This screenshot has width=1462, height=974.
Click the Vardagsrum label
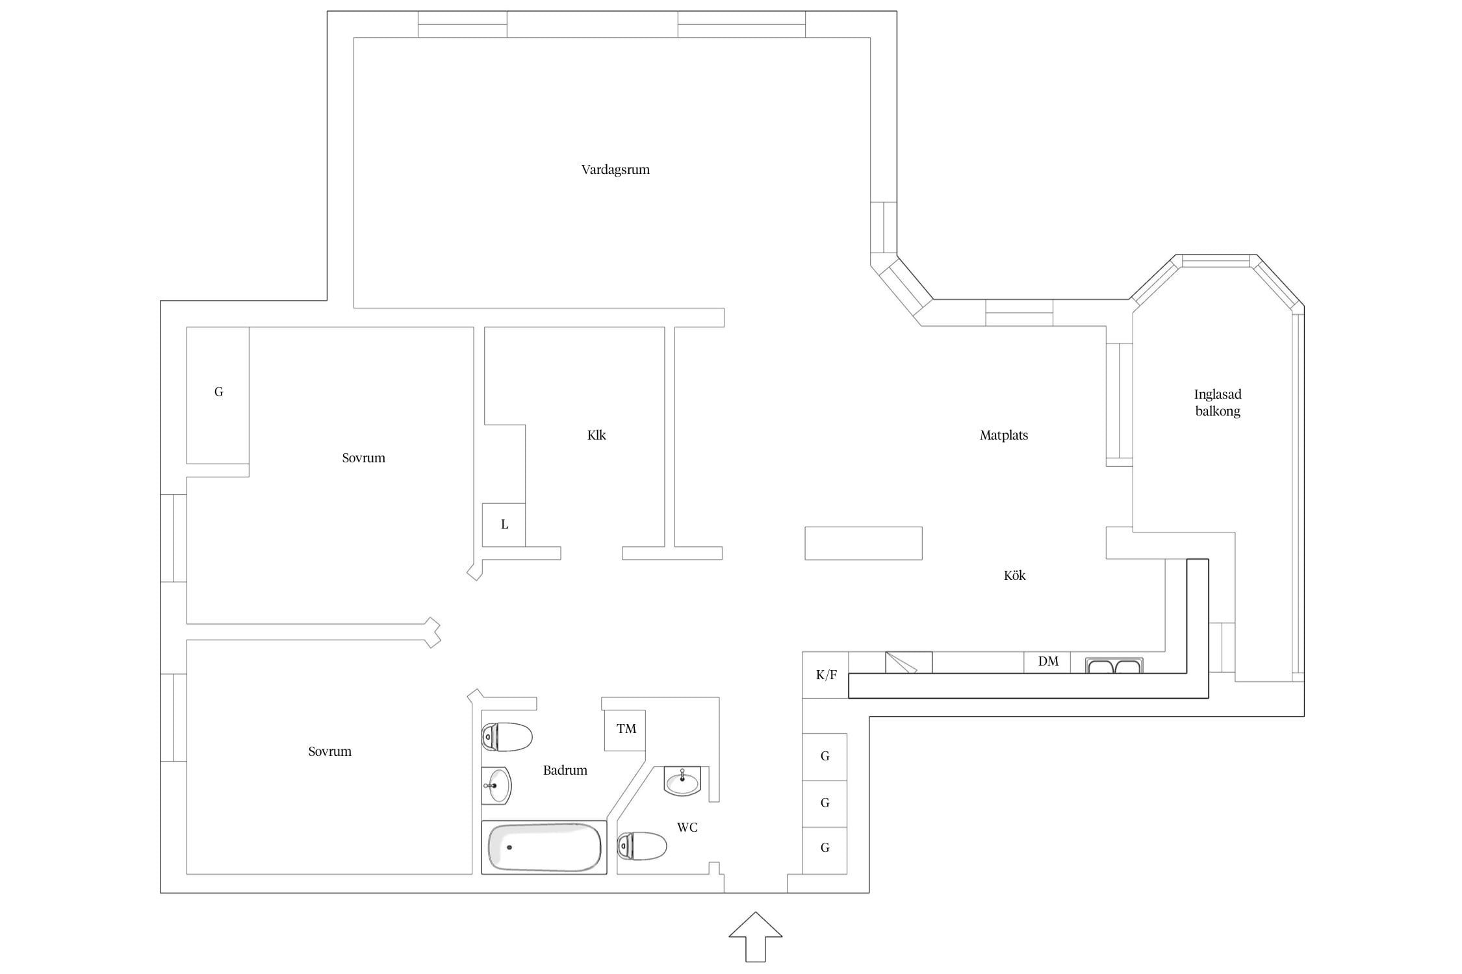(615, 170)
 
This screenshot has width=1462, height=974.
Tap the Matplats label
(1004, 436)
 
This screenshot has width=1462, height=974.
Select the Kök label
(1014, 575)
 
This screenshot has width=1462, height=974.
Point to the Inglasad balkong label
(1218, 403)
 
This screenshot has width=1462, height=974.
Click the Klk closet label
(596, 435)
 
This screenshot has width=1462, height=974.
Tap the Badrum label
(565, 770)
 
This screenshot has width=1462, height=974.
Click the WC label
(687, 827)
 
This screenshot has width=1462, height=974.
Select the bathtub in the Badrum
(544, 847)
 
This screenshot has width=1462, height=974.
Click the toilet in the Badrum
(507, 737)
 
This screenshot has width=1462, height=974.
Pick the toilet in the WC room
(642, 846)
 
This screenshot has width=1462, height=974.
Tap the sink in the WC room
(682, 780)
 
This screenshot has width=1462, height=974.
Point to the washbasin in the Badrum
(496, 786)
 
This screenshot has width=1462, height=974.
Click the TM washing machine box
(625, 730)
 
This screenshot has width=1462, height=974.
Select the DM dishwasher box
(1047, 662)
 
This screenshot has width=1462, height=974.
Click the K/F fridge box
(825, 675)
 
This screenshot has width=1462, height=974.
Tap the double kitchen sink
(1114, 666)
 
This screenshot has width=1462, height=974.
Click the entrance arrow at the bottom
(755, 936)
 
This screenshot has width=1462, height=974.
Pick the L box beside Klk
(504, 525)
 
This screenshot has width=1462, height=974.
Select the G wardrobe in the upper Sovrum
(218, 395)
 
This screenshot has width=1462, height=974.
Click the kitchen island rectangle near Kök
(864, 543)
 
